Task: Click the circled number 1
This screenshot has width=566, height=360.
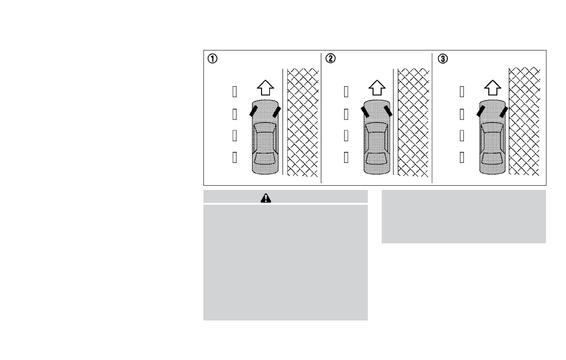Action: point(212,59)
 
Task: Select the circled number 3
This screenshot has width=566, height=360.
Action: point(443,59)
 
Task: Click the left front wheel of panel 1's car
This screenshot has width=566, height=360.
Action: point(253,111)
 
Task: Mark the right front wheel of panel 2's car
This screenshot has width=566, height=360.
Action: point(388,111)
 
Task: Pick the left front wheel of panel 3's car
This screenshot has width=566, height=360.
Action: point(481,111)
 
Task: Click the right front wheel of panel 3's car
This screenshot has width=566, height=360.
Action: point(503,112)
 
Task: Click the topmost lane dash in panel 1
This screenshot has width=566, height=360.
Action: point(234,91)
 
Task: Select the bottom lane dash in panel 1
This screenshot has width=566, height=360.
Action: point(234,157)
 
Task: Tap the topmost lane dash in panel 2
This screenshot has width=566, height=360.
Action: point(346,91)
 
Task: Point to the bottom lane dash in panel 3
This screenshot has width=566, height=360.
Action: point(462,157)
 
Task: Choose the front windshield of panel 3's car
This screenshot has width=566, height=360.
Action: point(492,128)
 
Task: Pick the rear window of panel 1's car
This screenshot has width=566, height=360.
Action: point(265,158)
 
